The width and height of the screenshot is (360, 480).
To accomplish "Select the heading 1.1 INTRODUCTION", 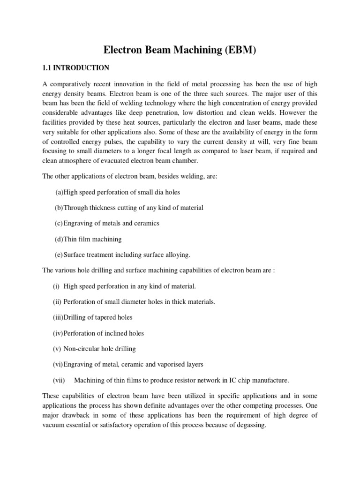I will (75, 68).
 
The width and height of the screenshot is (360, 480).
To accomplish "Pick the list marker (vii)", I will (59, 380).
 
